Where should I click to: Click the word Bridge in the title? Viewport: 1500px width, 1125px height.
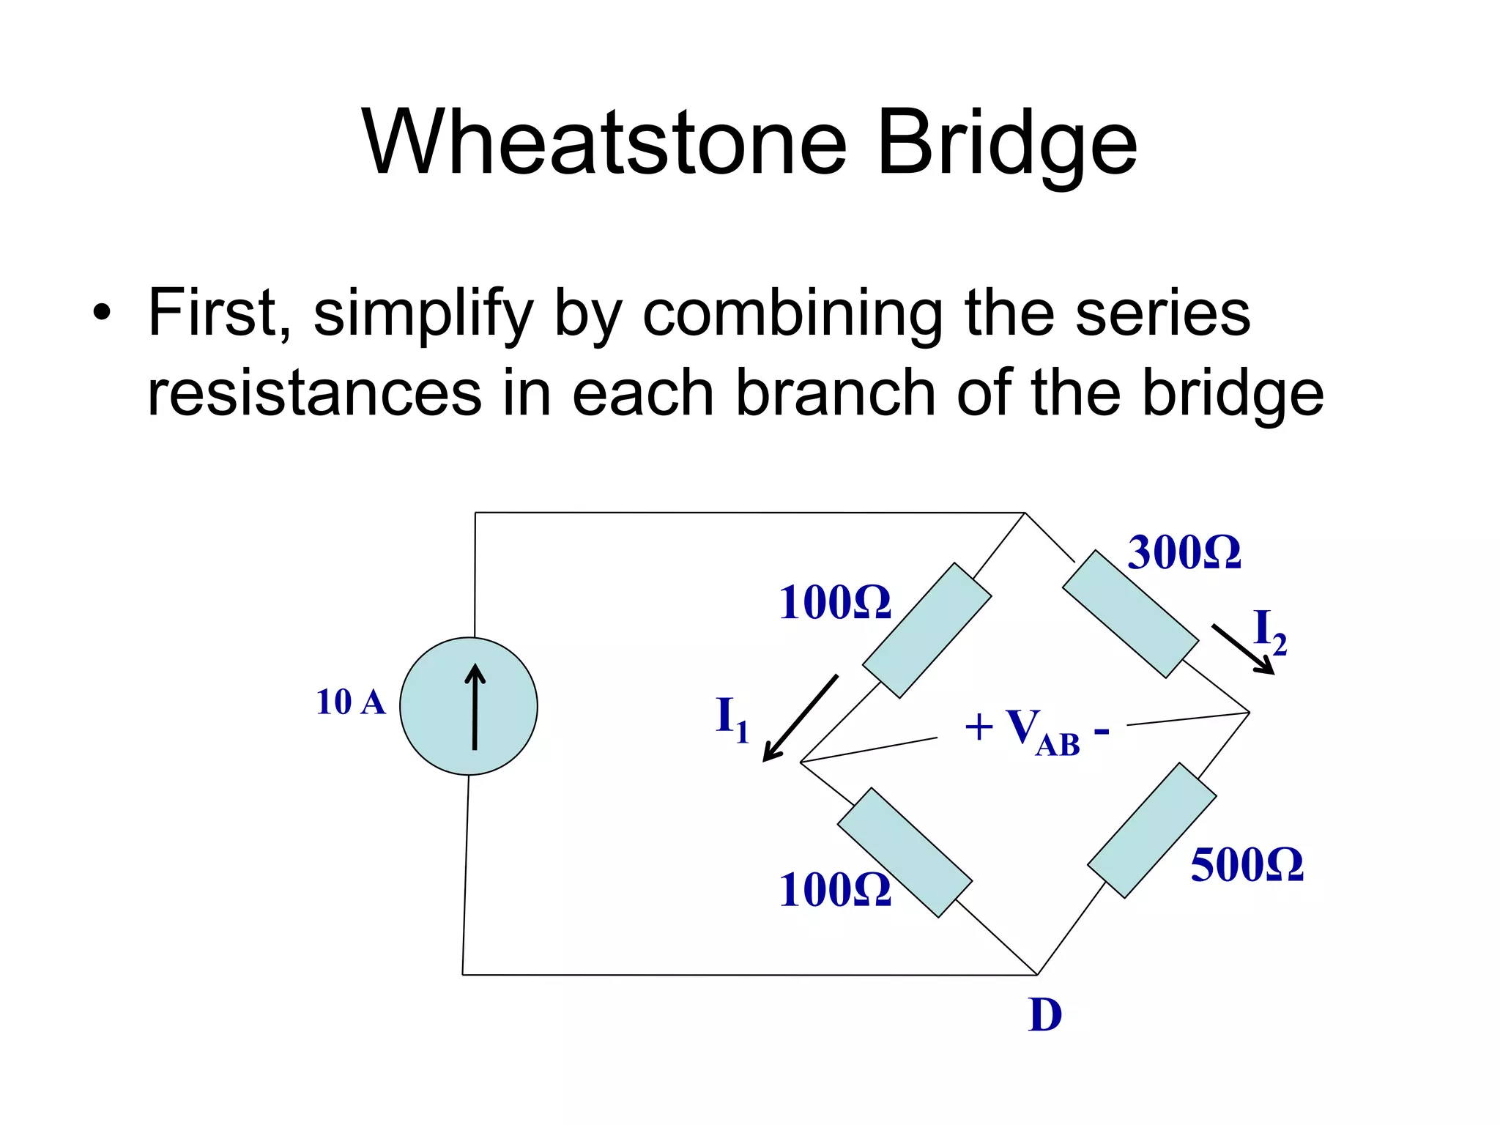click(1007, 143)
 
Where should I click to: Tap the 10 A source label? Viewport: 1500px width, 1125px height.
click(350, 702)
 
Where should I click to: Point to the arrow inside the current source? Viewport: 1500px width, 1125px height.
click(475, 706)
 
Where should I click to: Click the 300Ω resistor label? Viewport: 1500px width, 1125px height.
click(1184, 552)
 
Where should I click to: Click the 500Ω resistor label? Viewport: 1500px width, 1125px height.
click(1247, 865)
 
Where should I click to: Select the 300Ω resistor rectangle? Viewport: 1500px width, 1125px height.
click(1130, 614)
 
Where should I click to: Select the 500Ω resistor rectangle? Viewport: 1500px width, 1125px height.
click(1151, 830)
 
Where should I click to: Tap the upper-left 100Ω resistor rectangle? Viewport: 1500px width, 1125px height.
click(927, 630)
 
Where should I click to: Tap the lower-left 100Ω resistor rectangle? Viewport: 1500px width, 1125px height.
click(905, 852)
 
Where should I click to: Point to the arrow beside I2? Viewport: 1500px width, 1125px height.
click(1243, 649)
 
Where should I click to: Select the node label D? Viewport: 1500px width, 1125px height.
click(1044, 1015)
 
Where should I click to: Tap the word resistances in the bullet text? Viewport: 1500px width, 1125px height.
click(314, 393)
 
